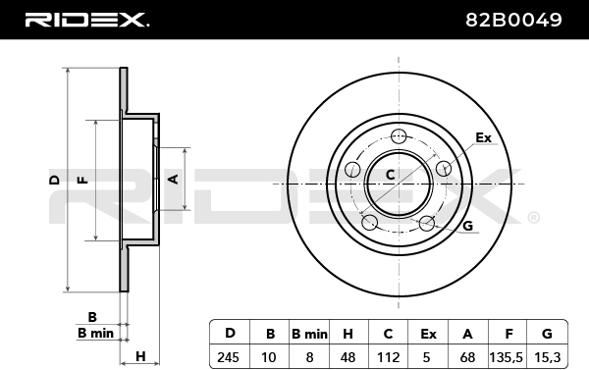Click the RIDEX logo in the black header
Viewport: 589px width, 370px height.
[86, 20]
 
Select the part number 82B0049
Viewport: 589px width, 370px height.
[513, 20]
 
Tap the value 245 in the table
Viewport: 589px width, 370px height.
[228, 357]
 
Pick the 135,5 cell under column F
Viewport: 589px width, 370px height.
[506, 357]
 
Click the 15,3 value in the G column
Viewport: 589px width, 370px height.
[548, 357]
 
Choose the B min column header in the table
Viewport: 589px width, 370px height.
[309, 334]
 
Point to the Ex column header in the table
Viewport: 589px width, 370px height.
[428, 334]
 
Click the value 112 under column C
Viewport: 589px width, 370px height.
[388, 357]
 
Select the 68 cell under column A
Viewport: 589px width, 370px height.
[467, 357]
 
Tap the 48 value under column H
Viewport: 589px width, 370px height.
[348, 357]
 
